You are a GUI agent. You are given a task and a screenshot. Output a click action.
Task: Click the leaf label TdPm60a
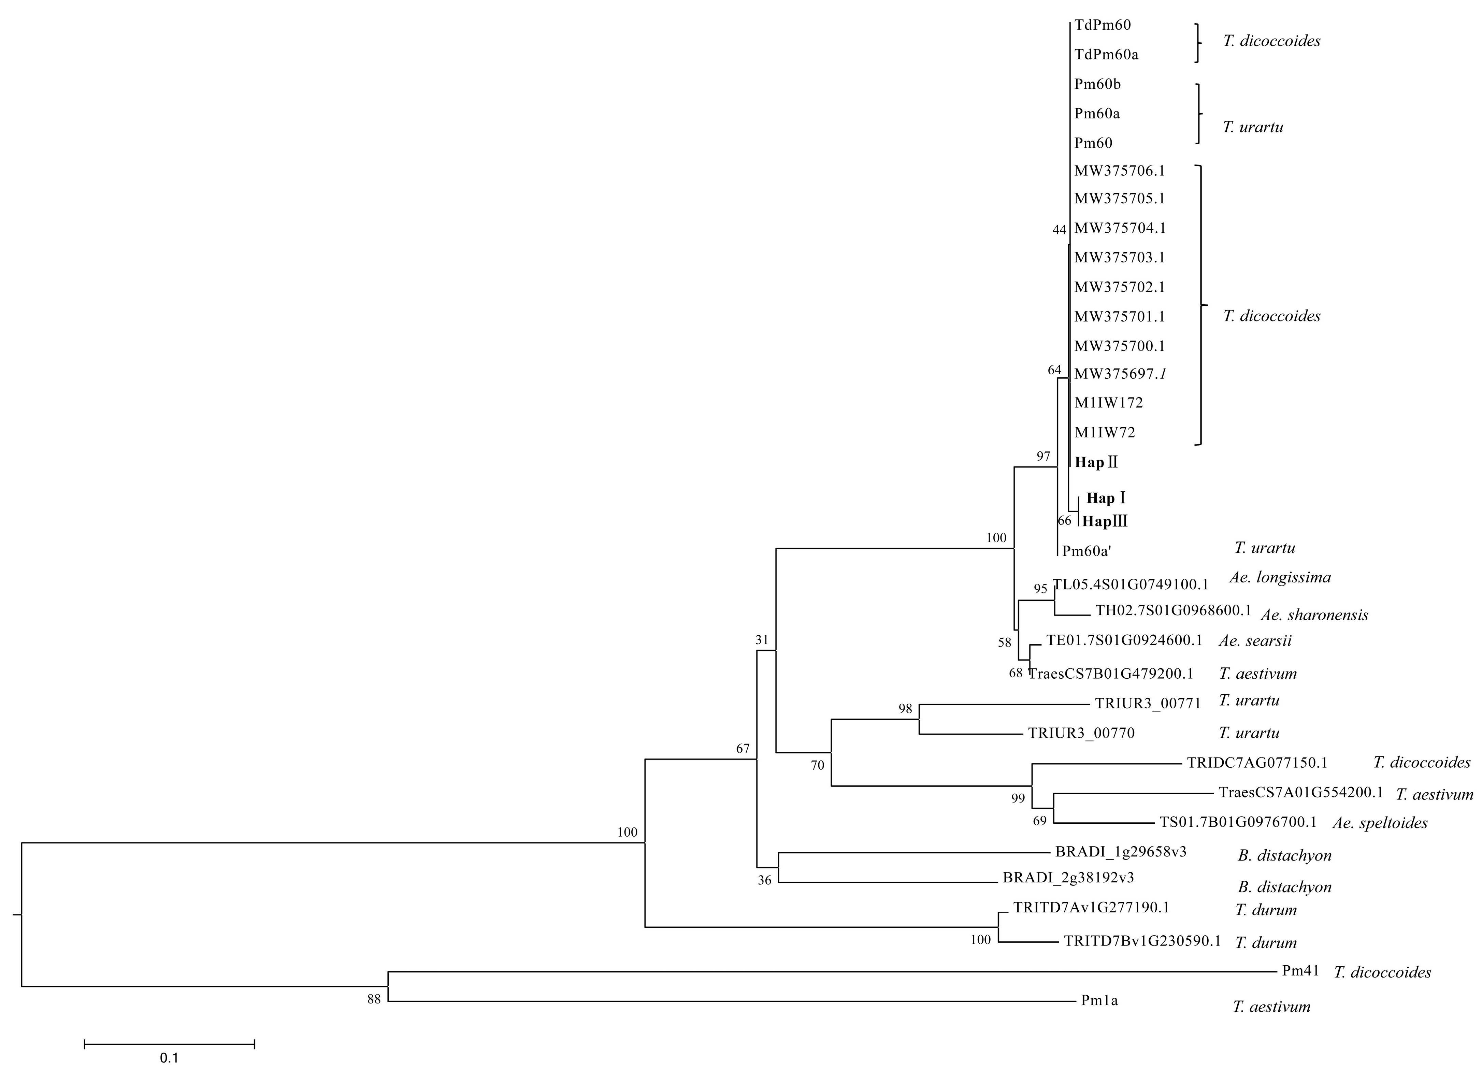point(1106,55)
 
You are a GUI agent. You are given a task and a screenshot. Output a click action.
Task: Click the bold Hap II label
point(1096,463)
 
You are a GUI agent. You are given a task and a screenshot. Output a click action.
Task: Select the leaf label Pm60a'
point(1087,551)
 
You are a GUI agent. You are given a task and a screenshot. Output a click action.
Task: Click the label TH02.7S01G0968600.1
point(1173,611)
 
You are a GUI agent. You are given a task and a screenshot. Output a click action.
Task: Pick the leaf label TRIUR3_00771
point(1148,704)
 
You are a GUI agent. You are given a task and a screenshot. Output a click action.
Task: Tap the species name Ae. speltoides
point(1380,823)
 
